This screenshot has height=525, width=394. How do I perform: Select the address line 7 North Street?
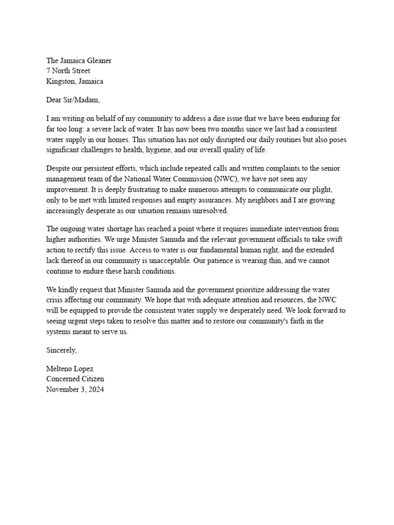[x=68, y=71]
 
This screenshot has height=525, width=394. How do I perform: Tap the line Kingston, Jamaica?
[x=74, y=81]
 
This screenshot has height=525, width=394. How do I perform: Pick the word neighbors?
[x=285, y=199]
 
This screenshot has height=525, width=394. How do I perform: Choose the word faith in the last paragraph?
[x=301, y=321]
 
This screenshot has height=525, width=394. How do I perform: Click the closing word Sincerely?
[x=62, y=350]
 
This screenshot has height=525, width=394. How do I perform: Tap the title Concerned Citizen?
[x=75, y=379]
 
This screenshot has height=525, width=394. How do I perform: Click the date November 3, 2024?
[x=75, y=389]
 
